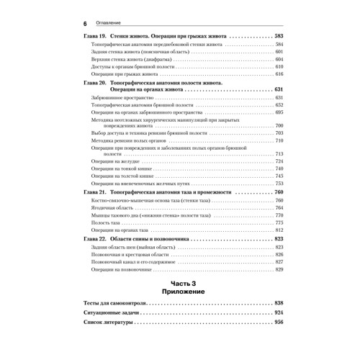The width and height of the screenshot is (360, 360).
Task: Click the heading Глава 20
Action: click(x=100, y=83)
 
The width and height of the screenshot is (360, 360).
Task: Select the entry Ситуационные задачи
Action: click(x=114, y=314)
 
